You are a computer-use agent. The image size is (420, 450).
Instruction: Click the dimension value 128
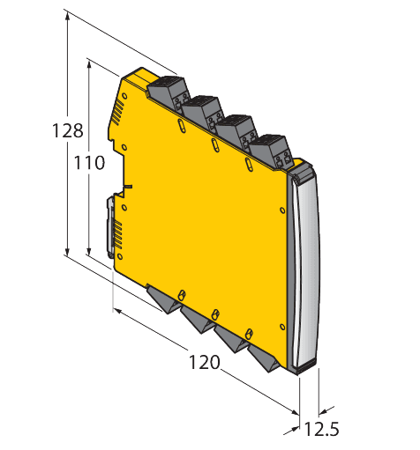pyautogui.click(x=68, y=131)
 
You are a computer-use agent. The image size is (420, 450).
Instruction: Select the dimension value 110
pyautogui.click(x=88, y=163)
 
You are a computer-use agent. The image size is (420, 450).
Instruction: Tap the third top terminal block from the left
pyautogui.click(x=236, y=129)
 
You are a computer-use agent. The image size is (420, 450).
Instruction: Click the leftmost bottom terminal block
pyautogui.click(x=164, y=299)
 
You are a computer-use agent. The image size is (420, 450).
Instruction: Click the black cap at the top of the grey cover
pyautogui.click(x=302, y=173)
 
